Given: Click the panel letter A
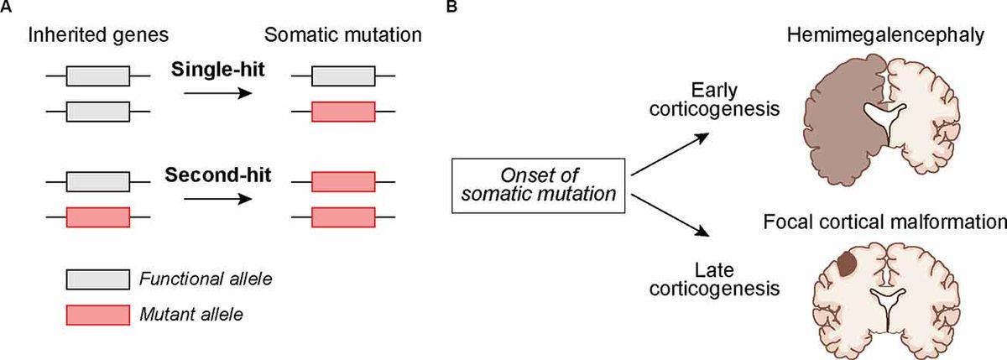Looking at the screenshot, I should click(x=7, y=8).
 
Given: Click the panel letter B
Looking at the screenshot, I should click(x=451, y=8).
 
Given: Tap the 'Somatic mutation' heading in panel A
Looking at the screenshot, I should click(x=343, y=36).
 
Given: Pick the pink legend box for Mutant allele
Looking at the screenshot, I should click(x=98, y=314).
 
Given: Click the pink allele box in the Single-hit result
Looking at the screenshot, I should click(x=343, y=111).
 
